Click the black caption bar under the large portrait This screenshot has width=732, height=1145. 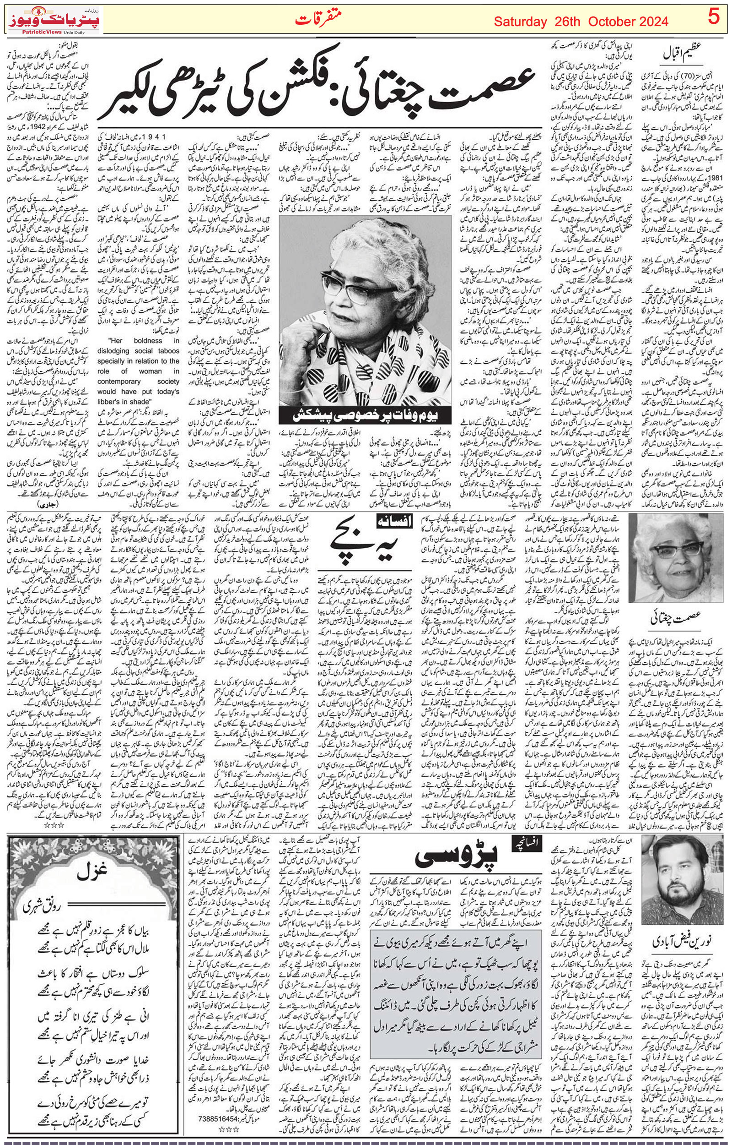(x=365, y=415)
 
